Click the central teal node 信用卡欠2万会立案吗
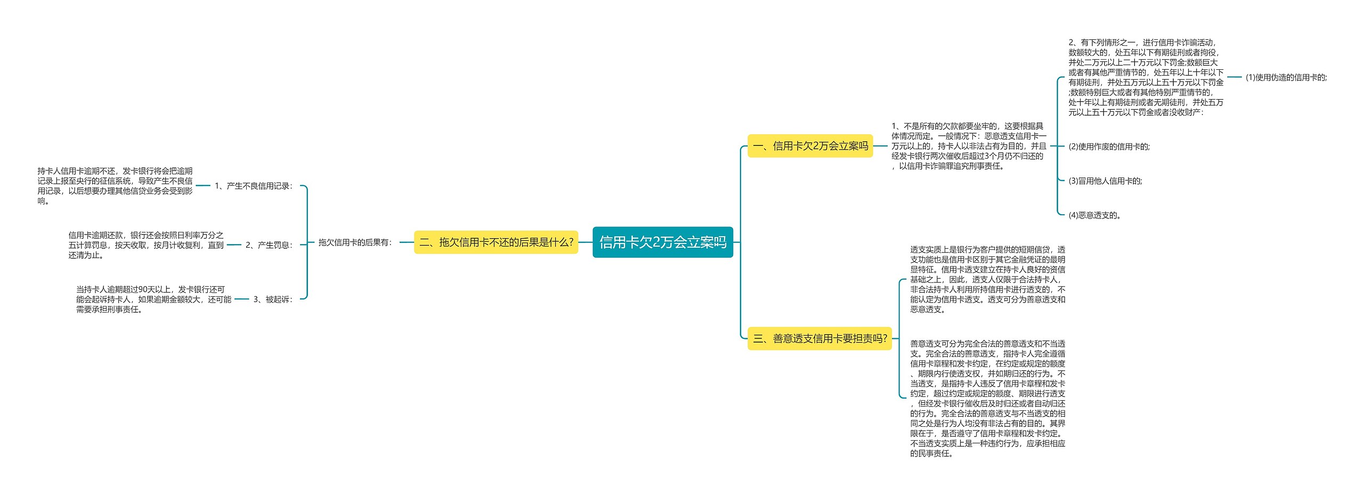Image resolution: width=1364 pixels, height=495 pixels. [662, 242]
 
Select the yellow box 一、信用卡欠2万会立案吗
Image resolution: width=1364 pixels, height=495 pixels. [810, 146]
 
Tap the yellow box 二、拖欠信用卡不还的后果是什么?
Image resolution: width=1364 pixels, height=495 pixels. [496, 242]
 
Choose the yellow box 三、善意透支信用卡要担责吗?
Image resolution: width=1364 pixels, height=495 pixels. [819, 338]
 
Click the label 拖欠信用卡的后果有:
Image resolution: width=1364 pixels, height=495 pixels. [355, 242]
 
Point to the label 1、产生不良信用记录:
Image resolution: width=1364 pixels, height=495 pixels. [254, 186]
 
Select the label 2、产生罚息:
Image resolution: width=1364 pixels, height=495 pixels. [269, 245]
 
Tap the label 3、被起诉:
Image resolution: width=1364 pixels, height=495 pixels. [273, 299]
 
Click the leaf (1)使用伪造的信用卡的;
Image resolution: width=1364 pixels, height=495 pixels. [1286, 77]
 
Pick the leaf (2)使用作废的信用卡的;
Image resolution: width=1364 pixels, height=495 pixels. [1109, 147]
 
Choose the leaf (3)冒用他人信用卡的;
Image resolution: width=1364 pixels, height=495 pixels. [1105, 181]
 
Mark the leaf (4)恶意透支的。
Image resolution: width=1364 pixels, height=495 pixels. [1095, 215]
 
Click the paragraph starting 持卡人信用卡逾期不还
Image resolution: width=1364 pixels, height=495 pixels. [115, 186]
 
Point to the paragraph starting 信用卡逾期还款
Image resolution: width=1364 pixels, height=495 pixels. [145, 245]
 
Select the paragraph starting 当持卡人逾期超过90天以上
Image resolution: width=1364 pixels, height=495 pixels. [153, 299]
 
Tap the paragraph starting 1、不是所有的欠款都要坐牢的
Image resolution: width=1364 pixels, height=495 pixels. [969, 146]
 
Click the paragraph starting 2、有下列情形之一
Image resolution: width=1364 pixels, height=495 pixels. [1146, 77]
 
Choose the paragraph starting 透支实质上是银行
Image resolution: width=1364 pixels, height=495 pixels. [987, 279]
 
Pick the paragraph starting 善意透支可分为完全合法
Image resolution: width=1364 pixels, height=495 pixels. [987, 399]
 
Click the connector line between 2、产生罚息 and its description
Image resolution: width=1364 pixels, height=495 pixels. [234, 245]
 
